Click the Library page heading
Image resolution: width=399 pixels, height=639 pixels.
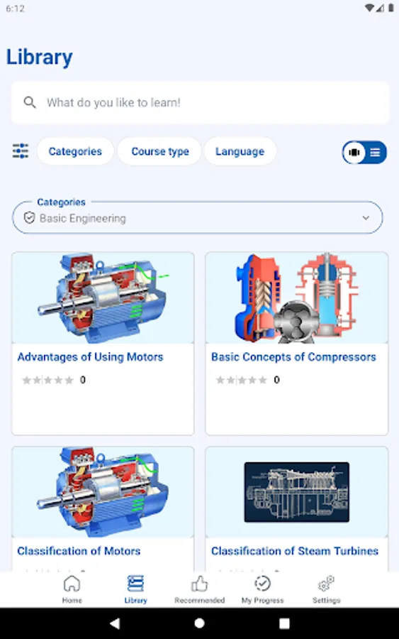tap(40, 58)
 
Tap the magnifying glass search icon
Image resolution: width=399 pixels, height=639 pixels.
tap(30, 102)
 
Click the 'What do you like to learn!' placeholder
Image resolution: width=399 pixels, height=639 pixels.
tap(113, 102)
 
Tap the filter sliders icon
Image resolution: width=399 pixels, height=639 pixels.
tap(21, 151)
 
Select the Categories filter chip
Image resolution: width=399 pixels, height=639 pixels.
tap(75, 151)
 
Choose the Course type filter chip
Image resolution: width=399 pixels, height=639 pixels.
tap(160, 151)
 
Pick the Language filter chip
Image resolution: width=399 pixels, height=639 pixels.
tap(240, 151)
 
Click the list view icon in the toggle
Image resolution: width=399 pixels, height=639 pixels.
tap(375, 153)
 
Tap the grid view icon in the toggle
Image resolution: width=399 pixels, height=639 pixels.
tap(354, 153)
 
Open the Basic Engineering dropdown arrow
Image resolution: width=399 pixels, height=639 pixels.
tap(366, 218)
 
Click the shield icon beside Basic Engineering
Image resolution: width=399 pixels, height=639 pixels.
tap(29, 218)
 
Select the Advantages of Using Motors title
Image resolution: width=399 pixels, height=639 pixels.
tap(90, 357)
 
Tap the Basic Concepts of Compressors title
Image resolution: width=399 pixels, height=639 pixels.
tap(293, 357)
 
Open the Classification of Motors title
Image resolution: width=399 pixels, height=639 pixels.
tap(79, 551)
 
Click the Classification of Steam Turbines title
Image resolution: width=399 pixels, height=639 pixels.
tap(295, 551)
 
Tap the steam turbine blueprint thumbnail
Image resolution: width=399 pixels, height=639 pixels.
tap(296, 492)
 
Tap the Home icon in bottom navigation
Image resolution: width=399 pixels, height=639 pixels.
tap(72, 584)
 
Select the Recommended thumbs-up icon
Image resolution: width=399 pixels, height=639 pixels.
tap(199, 584)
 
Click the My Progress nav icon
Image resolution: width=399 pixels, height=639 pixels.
tap(263, 584)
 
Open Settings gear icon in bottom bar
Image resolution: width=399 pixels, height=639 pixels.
tap(326, 584)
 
